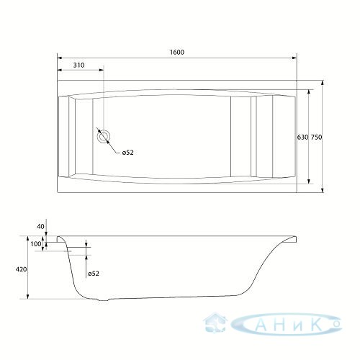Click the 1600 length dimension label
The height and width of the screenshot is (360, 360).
[177, 53]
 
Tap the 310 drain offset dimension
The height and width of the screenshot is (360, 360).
[78, 65]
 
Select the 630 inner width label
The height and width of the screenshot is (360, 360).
[302, 138]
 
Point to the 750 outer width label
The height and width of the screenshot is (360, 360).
[316, 138]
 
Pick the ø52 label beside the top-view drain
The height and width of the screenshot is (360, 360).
[127, 153]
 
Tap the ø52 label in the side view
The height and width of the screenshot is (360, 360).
[94, 274]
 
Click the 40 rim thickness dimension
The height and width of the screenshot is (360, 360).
[41, 226]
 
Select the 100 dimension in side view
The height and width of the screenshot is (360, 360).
[36, 244]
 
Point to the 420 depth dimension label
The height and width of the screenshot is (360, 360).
[21, 269]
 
